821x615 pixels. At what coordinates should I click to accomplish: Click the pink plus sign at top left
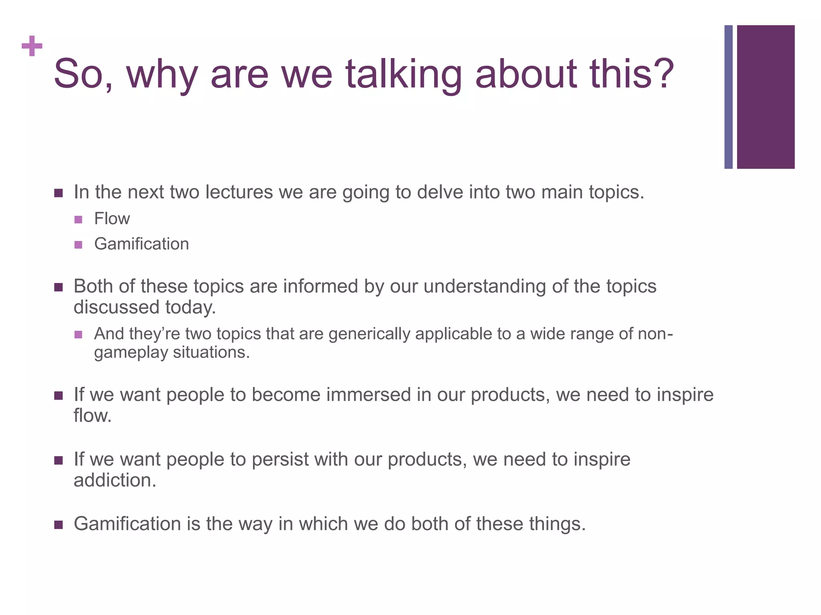pos(32,46)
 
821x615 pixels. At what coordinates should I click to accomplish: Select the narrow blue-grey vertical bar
pos(728,97)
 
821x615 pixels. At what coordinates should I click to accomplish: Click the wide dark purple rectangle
pos(766,97)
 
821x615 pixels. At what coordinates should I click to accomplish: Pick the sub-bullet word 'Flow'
pos(112,219)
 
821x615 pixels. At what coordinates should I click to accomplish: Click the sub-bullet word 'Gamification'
pos(142,244)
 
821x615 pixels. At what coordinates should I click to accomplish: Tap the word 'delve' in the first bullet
pos(439,192)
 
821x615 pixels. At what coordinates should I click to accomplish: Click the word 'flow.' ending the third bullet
pos(93,416)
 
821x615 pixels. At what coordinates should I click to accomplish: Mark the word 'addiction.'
pos(115,480)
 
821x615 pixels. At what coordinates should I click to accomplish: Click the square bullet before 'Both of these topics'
pos(59,287)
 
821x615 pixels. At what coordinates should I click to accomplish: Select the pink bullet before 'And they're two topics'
pos(78,334)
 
